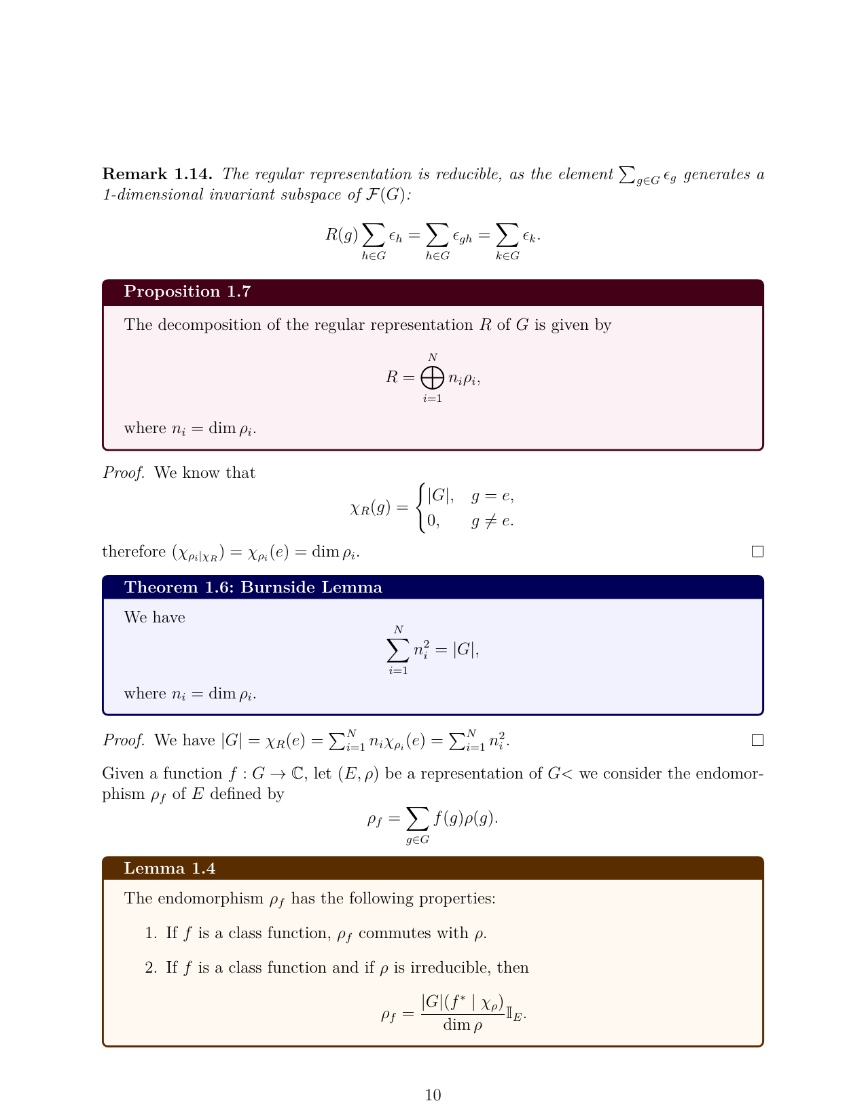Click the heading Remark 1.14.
(157, 174)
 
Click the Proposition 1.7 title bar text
(187, 292)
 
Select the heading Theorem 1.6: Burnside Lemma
(253, 588)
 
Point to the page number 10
(433, 1095)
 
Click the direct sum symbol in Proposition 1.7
(432, 377)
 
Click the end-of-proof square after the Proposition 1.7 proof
(757, 552)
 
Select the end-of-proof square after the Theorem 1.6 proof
(757, 741)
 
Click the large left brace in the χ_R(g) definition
(422, 508)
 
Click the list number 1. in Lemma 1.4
(151, 933)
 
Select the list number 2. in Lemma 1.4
(151, 968)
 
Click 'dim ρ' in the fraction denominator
(463, 1025)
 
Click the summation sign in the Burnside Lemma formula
(398, 650)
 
